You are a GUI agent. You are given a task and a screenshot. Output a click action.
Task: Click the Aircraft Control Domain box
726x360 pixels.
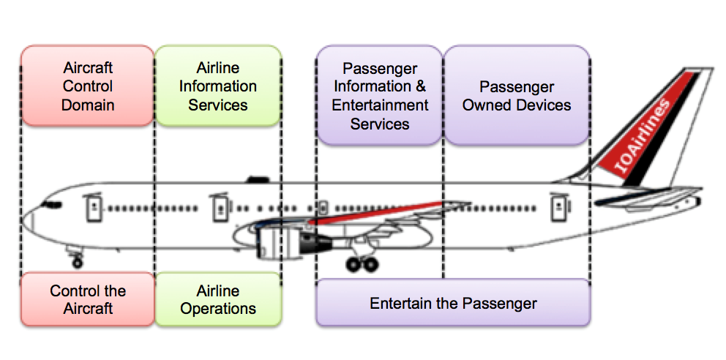[x=88, y=86]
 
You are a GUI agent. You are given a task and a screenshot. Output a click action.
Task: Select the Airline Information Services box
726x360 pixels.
[x=218, y=86]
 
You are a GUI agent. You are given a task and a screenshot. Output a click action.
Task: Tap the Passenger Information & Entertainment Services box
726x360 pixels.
[x=380, y=95]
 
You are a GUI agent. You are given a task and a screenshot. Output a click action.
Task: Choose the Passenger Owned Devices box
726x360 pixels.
[x=517, y=95]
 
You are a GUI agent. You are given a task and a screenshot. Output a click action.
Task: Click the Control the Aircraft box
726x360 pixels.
[x=88, y=299]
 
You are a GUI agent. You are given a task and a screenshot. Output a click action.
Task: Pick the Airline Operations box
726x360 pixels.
[x=218, y=299]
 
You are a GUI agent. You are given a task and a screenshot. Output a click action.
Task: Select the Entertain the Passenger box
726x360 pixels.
[x=453, y=303]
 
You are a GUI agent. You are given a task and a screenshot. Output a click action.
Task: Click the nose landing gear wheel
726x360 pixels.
[x=78, y=263]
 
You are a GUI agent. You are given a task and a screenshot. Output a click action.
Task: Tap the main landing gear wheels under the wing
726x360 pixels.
[x=362, y=263]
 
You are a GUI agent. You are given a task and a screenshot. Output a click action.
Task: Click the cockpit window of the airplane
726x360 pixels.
[x=51, y=204]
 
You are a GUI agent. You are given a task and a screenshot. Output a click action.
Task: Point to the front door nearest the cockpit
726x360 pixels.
[x=94, y=207]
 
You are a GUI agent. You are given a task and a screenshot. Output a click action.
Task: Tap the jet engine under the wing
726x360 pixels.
[x=282, y=241]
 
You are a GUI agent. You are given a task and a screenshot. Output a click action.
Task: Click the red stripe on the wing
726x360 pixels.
[x=375, y=212]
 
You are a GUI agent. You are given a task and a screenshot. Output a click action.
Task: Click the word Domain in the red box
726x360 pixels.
[x=88, y=105]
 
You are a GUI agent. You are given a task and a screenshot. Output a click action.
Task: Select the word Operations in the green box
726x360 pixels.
[x=218, y=309]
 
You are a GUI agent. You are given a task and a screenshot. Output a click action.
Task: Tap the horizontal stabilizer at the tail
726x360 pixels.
[x=648, y=199]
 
